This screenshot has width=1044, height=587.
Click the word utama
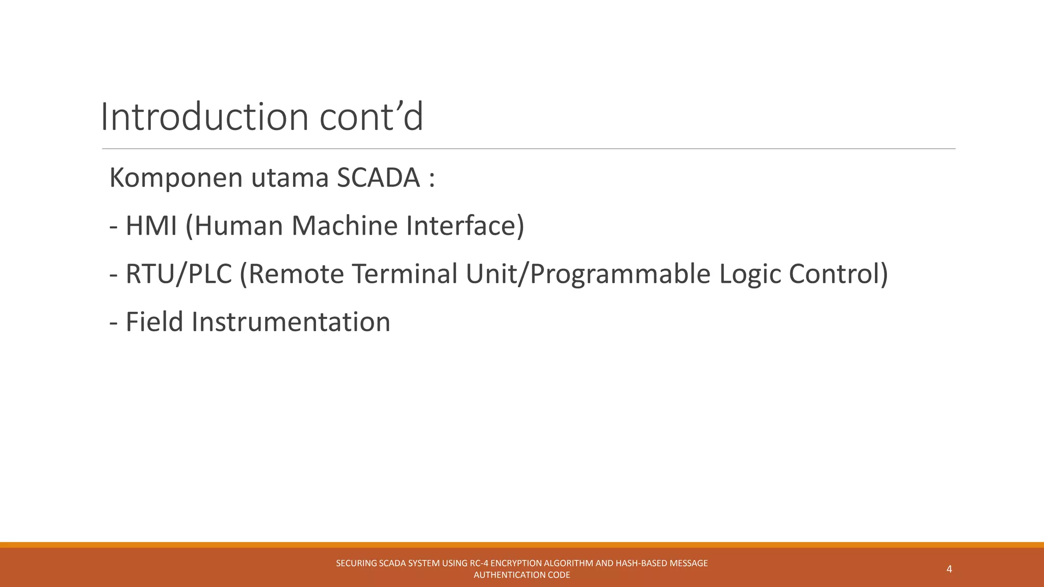[289, 178]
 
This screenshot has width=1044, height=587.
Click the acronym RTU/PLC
[178, 274]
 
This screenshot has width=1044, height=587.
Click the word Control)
[839, 274]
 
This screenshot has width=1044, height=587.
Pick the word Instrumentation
[291, 322]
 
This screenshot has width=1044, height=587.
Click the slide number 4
[949, 569]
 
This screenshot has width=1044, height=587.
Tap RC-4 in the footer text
[479, 564]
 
